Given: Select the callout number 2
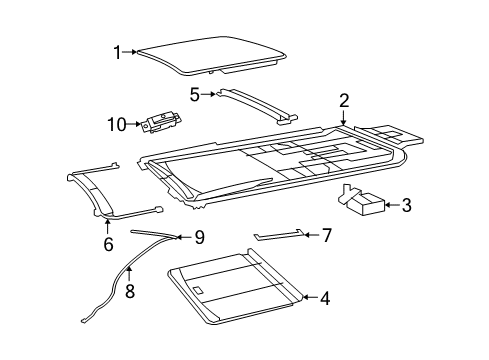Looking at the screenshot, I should click(x=343, y=100).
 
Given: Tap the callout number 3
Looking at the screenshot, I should click(x=406, y=206).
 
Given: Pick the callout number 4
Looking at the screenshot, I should click(x=323, y=297).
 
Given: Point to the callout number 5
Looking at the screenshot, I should click(x=196, y=94).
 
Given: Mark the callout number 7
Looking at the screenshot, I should click(x=325, y=234).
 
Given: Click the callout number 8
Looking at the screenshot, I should click(x=128, y=292).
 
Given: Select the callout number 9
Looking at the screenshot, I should click(x=199, y=237).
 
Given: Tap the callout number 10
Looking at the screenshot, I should click(x=115, y=124).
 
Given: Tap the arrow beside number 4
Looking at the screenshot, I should click(x=308, y=297).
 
